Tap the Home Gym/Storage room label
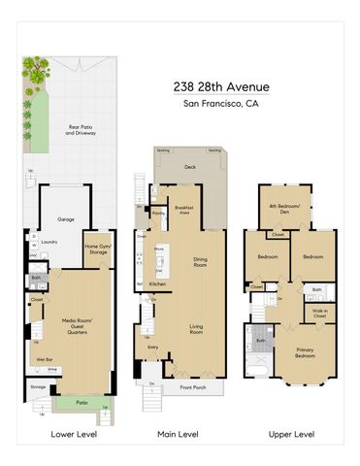[98, 250]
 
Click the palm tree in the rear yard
[37, 73]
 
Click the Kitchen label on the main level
[158, 283]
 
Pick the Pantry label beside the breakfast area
[158, 212]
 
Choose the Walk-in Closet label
[318, 314]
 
